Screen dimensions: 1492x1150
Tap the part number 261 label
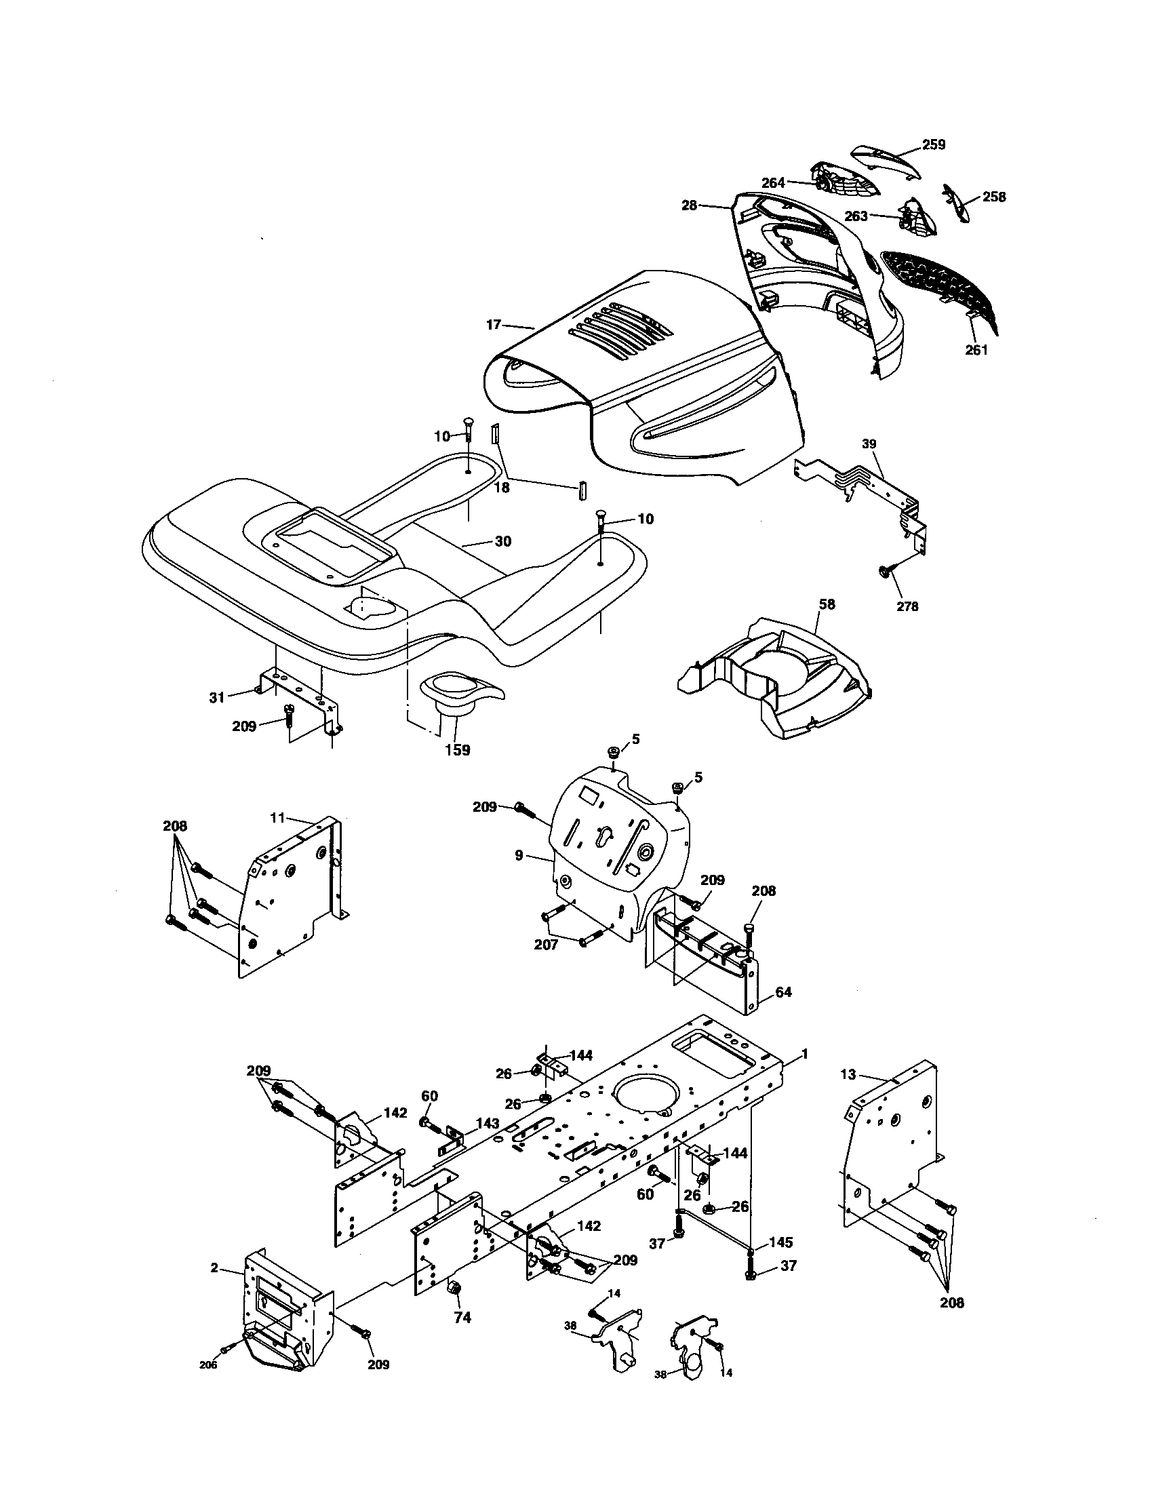click(976, 350)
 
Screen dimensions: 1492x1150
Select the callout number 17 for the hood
click(494, 325)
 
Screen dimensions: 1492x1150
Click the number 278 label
click(907, 606)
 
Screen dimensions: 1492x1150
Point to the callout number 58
click(826, 604)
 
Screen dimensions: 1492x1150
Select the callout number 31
click(216, 697)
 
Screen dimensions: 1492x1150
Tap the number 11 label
click(277, 817)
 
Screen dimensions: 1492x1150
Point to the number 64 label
click(783, 992)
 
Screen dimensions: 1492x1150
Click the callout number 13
click(848, 1075)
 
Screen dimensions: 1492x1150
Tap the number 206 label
click(208, 1365)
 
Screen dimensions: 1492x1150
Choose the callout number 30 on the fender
click(502, 541)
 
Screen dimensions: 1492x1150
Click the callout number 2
click(214, 1268)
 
